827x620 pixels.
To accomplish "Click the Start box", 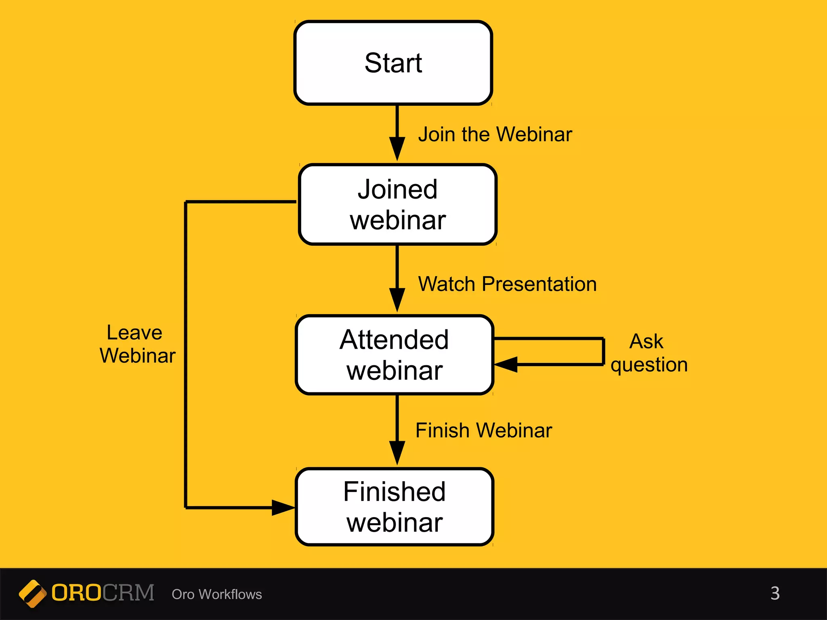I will coord(393,63).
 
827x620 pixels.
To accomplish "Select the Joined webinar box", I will coord(397,204).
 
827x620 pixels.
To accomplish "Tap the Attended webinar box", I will coord(395,355).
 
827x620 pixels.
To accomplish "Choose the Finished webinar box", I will coord(395,507).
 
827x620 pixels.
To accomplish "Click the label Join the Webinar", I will coord(495,134).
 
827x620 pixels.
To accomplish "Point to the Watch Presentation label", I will coord(507,284).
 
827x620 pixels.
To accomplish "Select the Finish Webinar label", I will coord(483,430).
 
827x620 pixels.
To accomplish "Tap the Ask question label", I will coord(649,353).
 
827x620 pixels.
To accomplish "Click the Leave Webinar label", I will coord(137,344).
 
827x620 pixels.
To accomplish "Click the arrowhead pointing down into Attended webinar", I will coord(397,300).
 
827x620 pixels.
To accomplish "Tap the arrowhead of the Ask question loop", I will coord(506,364).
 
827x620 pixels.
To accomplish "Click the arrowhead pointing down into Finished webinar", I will coord(397,452).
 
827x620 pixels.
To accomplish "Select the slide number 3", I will coord(775,593).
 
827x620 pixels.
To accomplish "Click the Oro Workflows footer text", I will coord(217,594).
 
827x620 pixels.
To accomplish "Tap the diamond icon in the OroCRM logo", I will coord(32,593).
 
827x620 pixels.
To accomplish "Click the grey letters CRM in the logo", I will coord(128,593).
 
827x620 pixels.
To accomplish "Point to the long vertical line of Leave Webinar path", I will coord(185,355).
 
